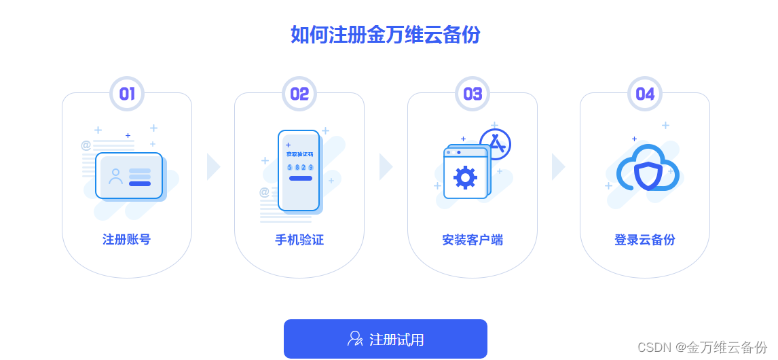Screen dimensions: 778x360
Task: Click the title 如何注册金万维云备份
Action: point(385,34)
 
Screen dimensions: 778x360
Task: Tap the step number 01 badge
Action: point(127,94)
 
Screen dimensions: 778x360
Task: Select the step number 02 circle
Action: point(299,94)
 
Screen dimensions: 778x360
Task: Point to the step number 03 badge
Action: point(473,94)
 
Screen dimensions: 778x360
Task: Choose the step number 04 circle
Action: point(645,94)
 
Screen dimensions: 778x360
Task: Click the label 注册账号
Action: point(127,240)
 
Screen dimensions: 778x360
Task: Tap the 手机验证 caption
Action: point(299,240)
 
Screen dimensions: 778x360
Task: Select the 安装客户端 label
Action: point(473,240)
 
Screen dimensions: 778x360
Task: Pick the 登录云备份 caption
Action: point(645,240)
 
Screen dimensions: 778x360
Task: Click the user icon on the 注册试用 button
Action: point(355,338)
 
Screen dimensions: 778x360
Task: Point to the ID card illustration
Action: point(129,175)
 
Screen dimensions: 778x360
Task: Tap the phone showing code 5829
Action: point(299,170)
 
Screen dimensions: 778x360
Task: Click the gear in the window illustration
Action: point(465,177)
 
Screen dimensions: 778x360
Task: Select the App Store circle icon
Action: point(495,144)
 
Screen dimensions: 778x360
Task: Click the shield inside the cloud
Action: point(648,175)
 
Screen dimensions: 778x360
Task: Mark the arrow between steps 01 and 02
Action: point(213,166)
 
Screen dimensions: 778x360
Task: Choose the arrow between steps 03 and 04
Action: point(558,166)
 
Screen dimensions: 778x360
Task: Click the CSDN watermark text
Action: point(702,347)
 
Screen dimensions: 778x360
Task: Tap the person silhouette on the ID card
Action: point(115,176)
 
